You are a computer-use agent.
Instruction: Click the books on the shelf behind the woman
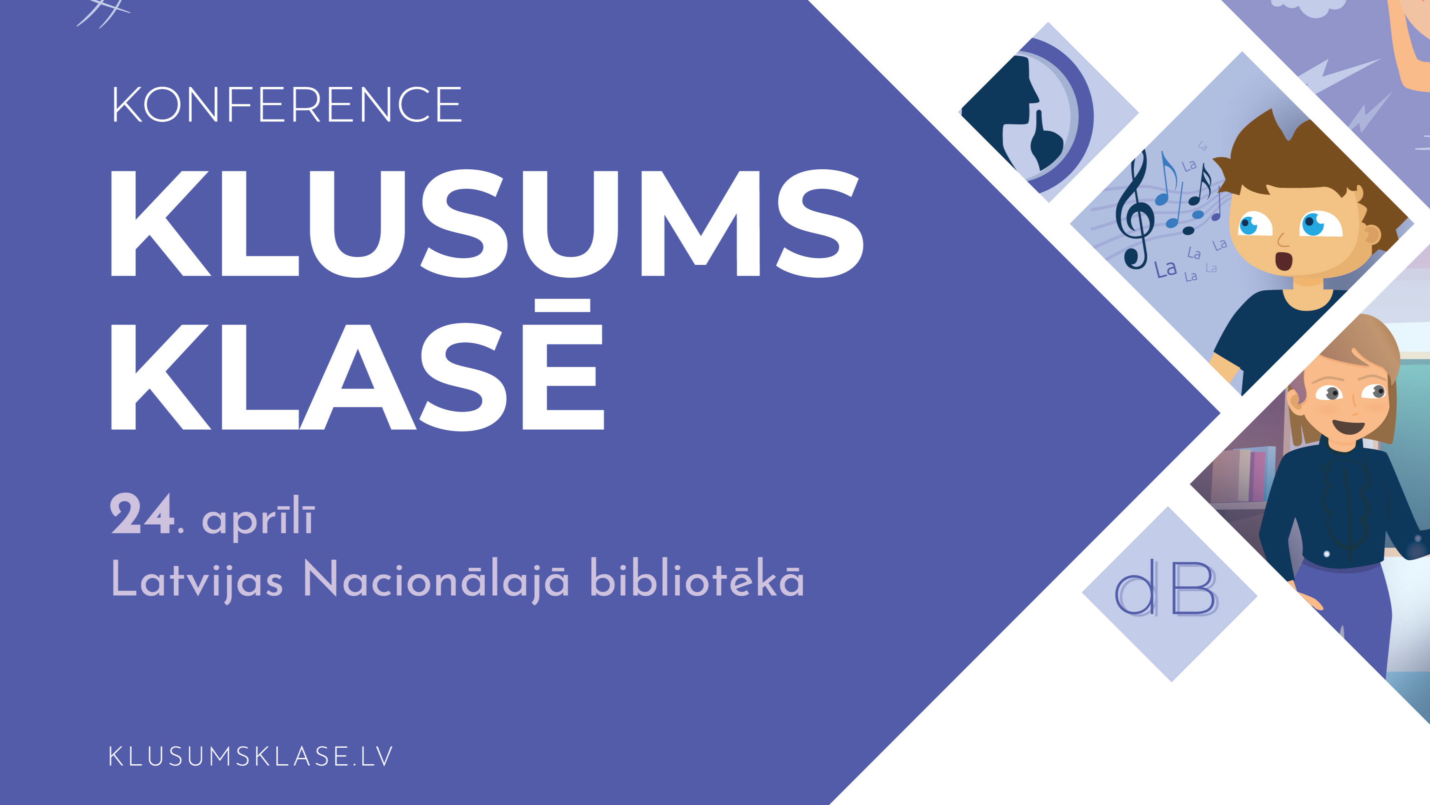(x=1244, y=472)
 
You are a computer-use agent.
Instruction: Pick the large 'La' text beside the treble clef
(x=1166, y=269)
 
